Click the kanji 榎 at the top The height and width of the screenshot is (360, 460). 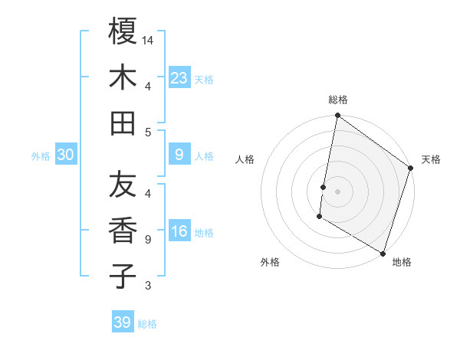pos(123,31)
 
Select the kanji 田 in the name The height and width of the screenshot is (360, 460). pos(123,123)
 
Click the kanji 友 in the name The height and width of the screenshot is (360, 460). pos(123,184)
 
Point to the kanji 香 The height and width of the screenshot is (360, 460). pos(123,230)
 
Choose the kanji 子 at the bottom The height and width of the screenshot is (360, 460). pos(123,276)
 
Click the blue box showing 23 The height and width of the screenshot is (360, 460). pos(179,77)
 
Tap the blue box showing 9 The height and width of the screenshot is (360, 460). pos(179,155)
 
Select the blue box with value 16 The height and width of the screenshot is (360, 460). pos(179,232)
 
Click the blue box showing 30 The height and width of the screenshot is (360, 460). pos(66,155)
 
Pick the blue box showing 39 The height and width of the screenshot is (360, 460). pos(123,322)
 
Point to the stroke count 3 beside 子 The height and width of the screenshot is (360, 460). pos(149,286)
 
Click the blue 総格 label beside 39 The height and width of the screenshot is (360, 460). pos(147,324)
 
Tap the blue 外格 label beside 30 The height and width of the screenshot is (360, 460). pos(41,156)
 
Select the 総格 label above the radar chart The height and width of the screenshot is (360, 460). pos(338,100)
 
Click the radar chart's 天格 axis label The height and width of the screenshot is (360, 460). pos(431,159)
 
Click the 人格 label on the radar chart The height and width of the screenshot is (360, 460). pos(245,159)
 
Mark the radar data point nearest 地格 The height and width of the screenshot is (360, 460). pos(383,253)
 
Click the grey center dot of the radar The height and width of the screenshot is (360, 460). pos(338,189)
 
